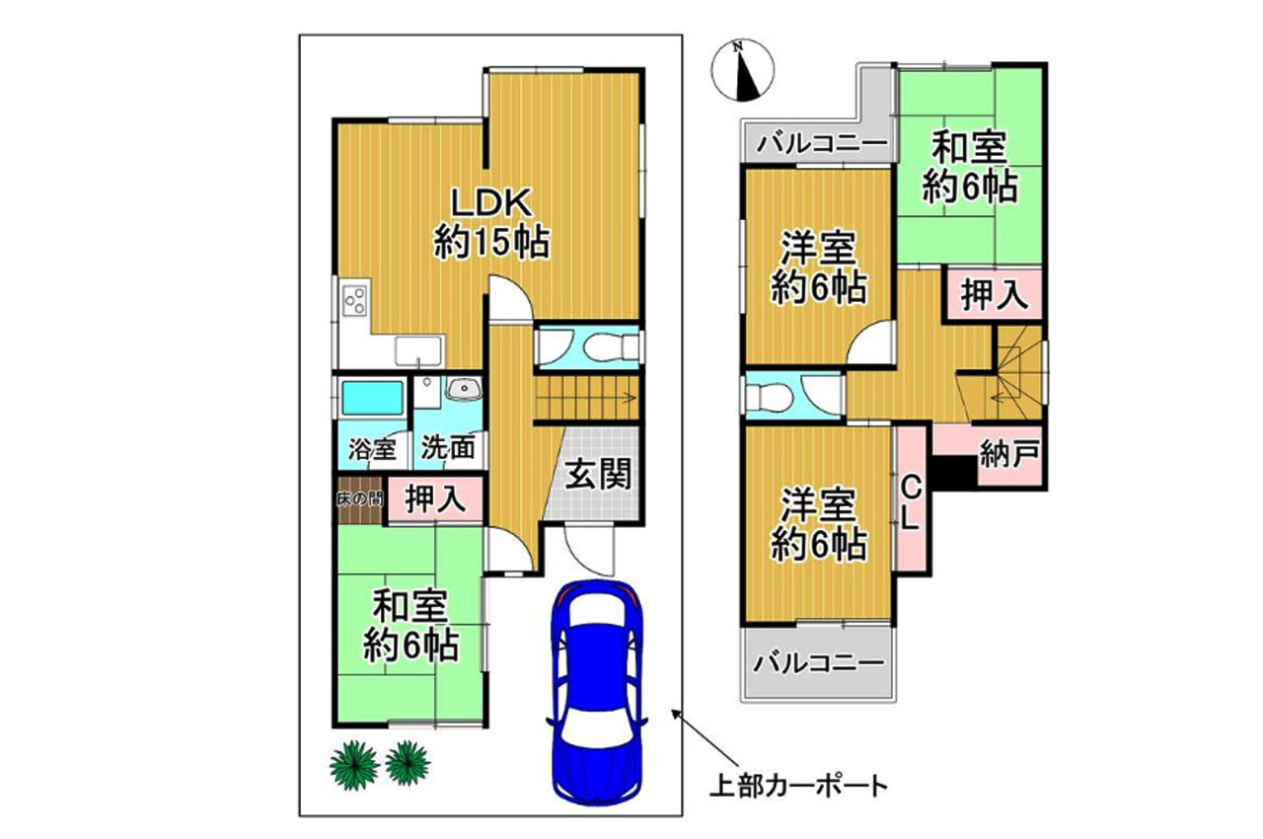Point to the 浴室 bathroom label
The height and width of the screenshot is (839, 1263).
[x=373, y=449]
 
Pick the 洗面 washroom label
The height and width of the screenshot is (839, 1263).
[x=449, y=449]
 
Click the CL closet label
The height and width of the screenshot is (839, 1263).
[x=910, y=502]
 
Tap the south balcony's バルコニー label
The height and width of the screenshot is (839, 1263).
[x=819, y=662]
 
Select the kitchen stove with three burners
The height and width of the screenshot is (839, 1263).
[x=355, y=298]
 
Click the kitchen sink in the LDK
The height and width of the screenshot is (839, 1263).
[x=418, y=349]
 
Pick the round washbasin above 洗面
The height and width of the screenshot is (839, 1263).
[x=461, y=390]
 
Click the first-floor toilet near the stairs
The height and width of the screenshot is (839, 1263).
[x=603, y=347]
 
